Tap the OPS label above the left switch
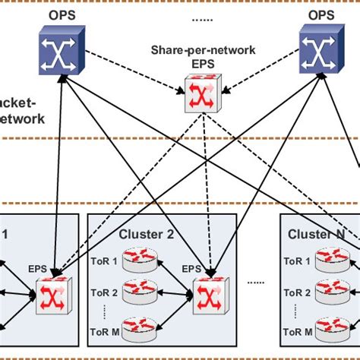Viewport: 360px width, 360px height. tap(58, 14)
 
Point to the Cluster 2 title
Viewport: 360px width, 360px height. tap(146, 234)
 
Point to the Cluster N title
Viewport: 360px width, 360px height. tap(315, 234)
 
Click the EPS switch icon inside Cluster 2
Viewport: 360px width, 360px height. tap(206, 292)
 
